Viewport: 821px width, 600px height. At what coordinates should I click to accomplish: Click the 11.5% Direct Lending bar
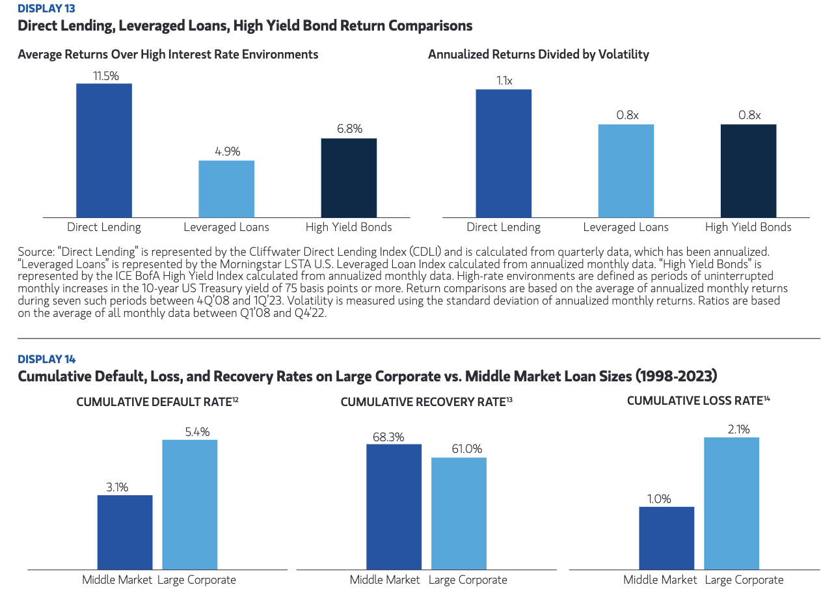[104, 150]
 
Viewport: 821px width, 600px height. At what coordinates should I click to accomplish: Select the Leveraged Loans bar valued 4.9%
[226, 189]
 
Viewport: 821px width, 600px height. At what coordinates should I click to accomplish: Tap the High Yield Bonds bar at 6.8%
[349, 178]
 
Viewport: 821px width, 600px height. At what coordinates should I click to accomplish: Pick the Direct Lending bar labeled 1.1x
[504, 153]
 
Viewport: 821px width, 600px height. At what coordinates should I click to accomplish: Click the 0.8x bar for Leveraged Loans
[626, 170]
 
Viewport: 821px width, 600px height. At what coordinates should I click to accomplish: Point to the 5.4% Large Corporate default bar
[189, 504]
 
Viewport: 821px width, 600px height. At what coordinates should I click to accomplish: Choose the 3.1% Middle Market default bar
[125, 532]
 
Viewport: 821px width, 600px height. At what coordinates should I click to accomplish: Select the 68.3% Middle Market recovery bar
[394, 506]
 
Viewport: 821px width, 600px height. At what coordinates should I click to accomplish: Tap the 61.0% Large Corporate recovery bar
[459, 513]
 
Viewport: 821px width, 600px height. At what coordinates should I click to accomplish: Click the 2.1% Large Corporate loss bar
[731, 503]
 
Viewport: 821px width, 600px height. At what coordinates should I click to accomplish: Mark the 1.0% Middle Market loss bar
[666, 538]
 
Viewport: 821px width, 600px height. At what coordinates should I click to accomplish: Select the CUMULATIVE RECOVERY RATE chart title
[423, 402]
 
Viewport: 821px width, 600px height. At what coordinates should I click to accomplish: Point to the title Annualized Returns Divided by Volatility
[538, 55]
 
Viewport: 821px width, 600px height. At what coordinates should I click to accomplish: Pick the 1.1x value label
[504, 81]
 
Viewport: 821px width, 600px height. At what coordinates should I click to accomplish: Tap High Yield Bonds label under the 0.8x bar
[748, 227]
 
